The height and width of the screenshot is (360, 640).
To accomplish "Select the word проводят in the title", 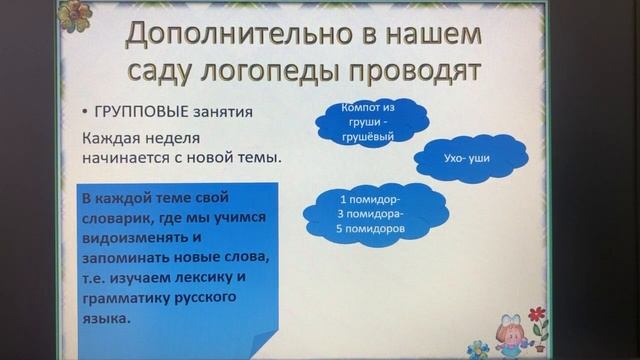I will [x=431, y=73].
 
